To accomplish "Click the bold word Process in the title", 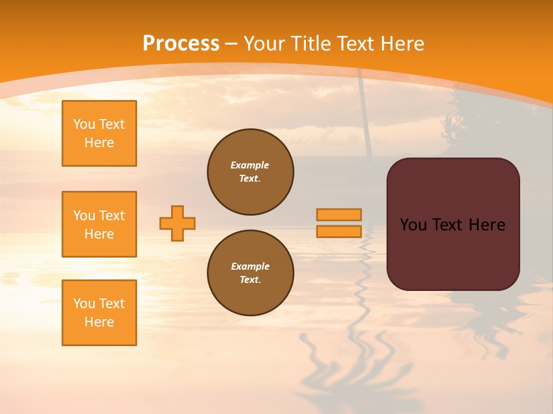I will (x=181, y=44).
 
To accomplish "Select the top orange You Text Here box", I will (x=99, y=133).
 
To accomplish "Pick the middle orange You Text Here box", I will (x=99, y=224).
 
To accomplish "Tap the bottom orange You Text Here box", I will (x=99, y=313).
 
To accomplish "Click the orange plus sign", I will (x=177, y=223).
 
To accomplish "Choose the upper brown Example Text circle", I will (x=251, y=172).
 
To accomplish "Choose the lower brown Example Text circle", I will (x=251, y=273).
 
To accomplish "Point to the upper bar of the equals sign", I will (x=339, y=214).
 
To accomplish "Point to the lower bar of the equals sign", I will (x=339, y=232).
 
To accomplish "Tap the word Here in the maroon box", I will (x=487, y=225).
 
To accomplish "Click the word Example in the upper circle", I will (x=250, y=165).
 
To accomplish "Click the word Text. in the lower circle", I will (x=250, y=280).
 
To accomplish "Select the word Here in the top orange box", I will (x=99, y=143).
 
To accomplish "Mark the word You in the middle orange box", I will (x=84, y=216).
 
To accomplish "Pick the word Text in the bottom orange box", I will (x=112, y=304).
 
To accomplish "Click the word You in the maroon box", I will (x=414, y=225).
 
